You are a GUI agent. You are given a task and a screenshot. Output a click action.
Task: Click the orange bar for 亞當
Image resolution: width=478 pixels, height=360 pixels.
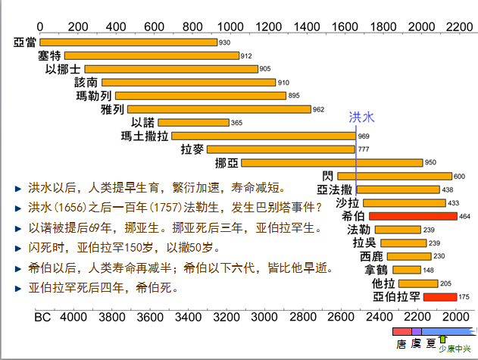pos(128,42)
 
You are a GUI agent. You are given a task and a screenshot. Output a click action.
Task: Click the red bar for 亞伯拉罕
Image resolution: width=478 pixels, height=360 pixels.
pos(440,296)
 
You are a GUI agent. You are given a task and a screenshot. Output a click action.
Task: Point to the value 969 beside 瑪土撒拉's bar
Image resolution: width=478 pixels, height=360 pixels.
pos(364,136)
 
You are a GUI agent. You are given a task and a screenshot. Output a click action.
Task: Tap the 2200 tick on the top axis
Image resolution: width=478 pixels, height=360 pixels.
pos(459,27)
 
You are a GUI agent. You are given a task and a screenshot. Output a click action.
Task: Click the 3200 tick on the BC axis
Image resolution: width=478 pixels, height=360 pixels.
pos(226,317)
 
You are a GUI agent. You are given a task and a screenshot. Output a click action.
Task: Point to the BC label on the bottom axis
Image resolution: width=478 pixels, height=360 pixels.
pos(42,317)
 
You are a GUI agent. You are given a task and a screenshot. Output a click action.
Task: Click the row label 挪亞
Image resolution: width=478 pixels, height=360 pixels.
pos(227,163)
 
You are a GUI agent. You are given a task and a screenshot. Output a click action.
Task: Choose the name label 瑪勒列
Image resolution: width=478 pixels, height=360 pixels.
pos(94,95)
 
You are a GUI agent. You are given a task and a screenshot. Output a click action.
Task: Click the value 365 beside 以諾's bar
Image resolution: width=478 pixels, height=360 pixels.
pos(236,123)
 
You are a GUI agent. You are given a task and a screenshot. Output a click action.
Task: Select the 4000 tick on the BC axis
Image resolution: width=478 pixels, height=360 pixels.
pos(73,317)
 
